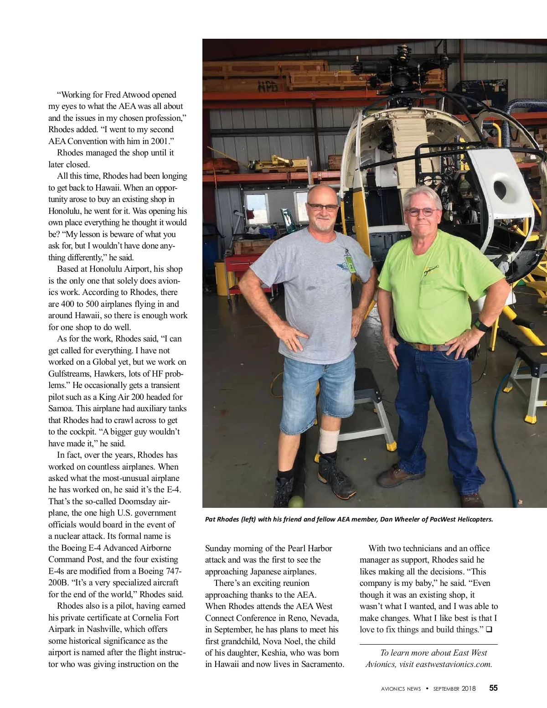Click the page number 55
click(x=493, y=688)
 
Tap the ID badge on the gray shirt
click(x=350, y=265)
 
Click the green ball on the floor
click(x=297, y=502)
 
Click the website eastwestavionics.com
click(x=454, y=664)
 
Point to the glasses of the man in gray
click(x=322, y=207)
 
